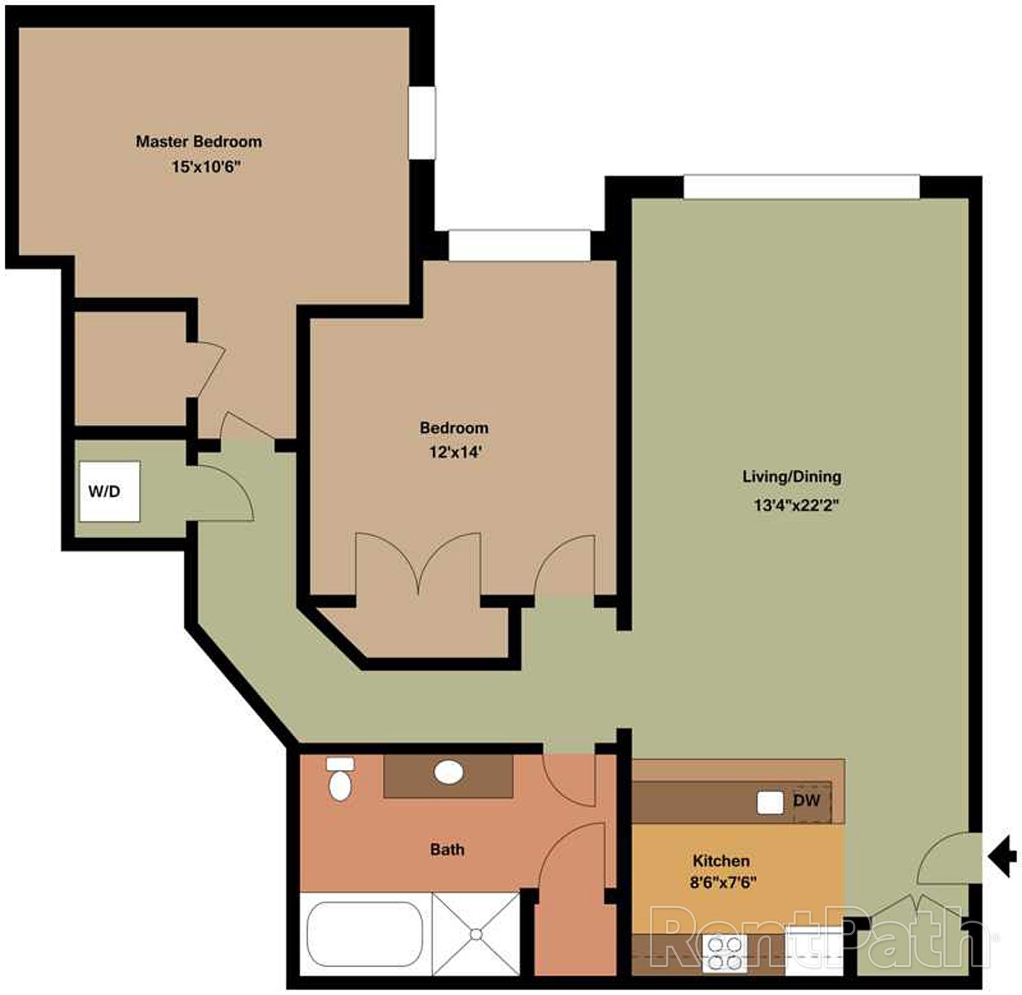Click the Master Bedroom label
[x=199, y=142]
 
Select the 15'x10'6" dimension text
[x=206, y=167]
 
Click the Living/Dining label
[x=792, y=476]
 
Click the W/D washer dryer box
[x=110, y=491]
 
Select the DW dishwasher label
[x=806, y=800]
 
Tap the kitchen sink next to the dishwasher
[x=770, y=802]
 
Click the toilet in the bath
[x=340, y=781]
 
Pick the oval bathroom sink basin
[x=448, y=772]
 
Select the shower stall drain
[x=476, y=934]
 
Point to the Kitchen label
[x=721, y=861]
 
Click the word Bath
[x=447, y=850]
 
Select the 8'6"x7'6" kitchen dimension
[x=723, y=883]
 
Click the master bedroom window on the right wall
[x=422, y=122]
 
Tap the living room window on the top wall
[x=801, y=187]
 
